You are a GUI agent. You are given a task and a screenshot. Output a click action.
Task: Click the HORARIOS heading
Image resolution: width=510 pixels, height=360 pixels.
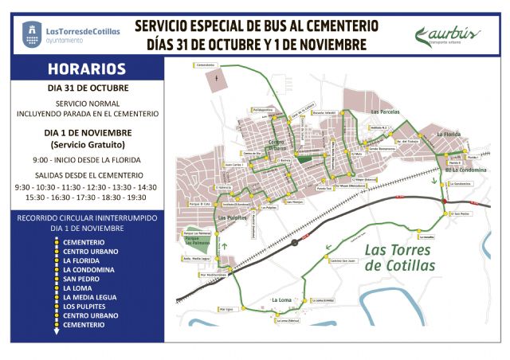pos(86,69)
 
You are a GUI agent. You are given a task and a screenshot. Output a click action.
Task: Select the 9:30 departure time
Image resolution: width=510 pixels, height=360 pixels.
pos(25,187)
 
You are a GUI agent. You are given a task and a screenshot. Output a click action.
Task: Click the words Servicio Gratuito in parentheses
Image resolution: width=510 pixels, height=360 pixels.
pos(87,145)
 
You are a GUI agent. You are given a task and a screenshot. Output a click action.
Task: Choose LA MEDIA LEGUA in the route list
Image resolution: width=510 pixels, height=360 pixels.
pos(92,297)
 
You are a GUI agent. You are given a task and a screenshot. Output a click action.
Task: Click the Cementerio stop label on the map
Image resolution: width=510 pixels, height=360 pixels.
pos(205,65)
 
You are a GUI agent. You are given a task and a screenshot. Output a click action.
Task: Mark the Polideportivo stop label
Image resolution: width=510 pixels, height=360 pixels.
pos(262,109)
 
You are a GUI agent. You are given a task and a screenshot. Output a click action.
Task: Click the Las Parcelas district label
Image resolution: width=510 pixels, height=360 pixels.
pos(386,112)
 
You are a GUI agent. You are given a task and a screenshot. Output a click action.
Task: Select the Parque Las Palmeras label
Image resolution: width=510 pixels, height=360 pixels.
pos(187,239)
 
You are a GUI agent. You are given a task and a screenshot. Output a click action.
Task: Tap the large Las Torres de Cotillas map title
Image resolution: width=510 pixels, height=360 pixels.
pos(399,256)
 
